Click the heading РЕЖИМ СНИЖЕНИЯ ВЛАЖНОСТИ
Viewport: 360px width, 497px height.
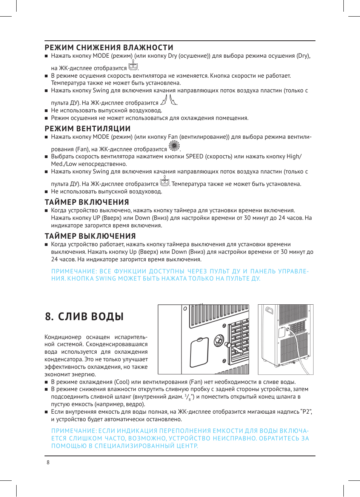[109, 48]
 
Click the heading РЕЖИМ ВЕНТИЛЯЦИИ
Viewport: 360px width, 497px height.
[88, 129]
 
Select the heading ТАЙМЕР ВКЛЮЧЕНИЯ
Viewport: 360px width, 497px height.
[87, 202]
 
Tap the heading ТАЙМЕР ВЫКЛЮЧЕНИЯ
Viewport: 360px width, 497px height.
[90, 236]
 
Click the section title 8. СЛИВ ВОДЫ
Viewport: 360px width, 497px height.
[84, 316]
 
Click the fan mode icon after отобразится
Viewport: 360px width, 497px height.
[174, 146]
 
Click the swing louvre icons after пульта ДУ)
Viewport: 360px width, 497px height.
[168, 100]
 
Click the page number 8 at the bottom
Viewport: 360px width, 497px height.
[48, 462]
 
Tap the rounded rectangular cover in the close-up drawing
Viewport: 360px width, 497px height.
[199, 352]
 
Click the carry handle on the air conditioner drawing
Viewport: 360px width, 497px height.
[269, 311]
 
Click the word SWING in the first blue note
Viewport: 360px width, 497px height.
[106, 279]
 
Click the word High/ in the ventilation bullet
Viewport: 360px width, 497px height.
[294, 156]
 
